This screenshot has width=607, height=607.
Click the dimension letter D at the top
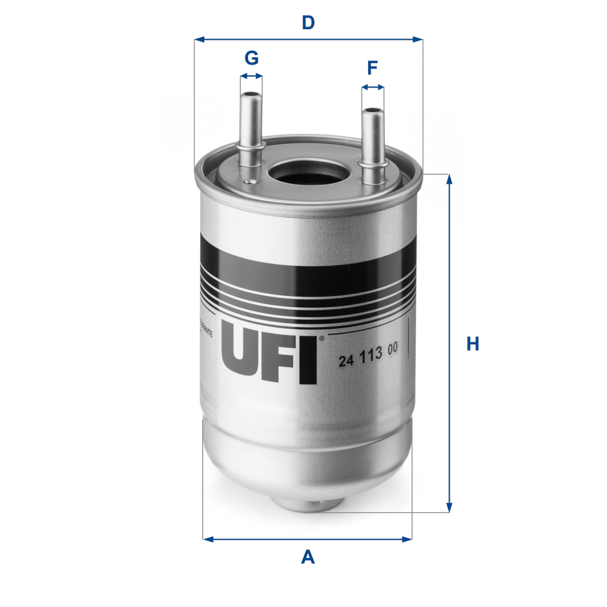pos(308,23)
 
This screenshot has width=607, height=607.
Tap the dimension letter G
pos(251,58)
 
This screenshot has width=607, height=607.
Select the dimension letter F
pos(373,67)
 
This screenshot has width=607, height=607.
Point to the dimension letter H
pos(472,344)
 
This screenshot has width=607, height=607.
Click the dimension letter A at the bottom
pos(308,557)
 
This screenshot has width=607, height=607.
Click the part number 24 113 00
pos(368,361)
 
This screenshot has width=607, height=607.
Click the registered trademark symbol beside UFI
pos(322,338)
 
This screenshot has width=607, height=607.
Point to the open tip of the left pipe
pos(251,96)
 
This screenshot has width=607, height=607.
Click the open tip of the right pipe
pos(372,109)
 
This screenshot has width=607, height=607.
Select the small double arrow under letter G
pos(251,76)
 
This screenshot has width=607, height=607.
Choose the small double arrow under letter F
pos(373,87)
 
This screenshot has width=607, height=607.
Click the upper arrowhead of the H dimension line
pos(450,179)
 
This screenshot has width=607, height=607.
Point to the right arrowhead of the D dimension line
pos(418,40)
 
